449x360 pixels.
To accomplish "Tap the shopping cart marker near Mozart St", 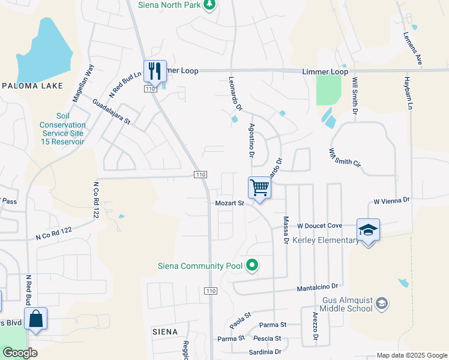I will pyautogui.click(x=259, y=187).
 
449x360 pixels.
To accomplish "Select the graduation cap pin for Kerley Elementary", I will pyautogui.click(x=368, y=230).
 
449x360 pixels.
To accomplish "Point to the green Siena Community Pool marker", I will pyautogui.click(x=253, y=265).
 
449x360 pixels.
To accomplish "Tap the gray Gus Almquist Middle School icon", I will pyautogui.click(x=382, y=304).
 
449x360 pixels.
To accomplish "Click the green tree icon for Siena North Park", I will pyautogui.click(x=209, y=5).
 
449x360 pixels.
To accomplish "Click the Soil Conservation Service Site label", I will pyautogui.click(x=62, y=129).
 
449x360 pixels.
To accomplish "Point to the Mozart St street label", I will pyautogui.click(x=230, y=203).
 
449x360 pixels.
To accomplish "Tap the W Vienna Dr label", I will pyautogui.click(x=391, y=200).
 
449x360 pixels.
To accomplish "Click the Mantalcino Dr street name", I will pyautogui.click(x=318, y=288).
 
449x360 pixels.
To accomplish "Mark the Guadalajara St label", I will pyautogui.click(x=111, y=112).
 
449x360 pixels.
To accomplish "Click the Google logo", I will pyautogui.click(x=20, y=353).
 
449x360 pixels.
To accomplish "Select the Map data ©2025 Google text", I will pyautogui.click(x=411, y=355).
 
